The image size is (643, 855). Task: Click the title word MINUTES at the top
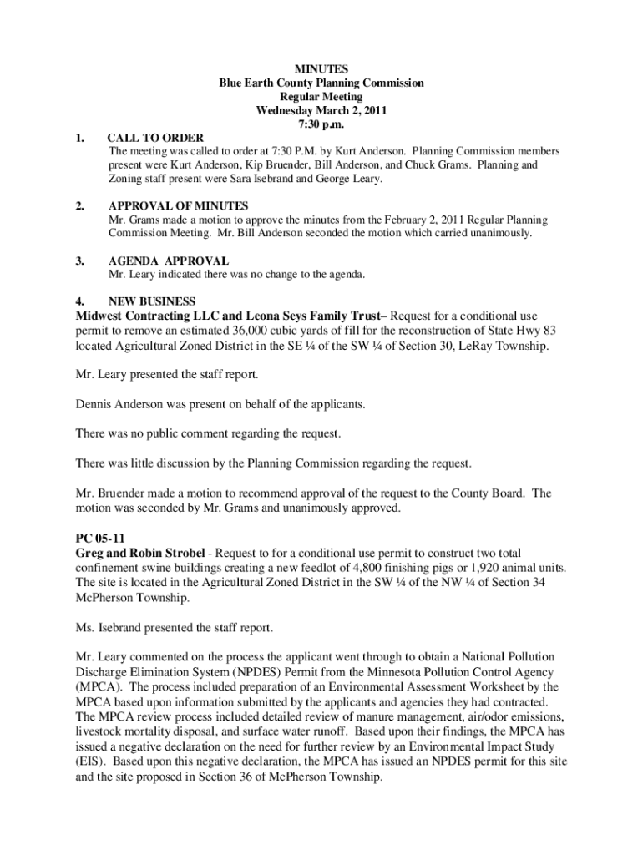(321, 69)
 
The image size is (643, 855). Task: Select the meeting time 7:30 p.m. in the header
(321, 124)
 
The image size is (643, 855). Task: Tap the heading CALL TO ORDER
(156, 138)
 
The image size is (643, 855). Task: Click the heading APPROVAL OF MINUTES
(179, 205)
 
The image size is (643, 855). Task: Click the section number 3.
(81, 261)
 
